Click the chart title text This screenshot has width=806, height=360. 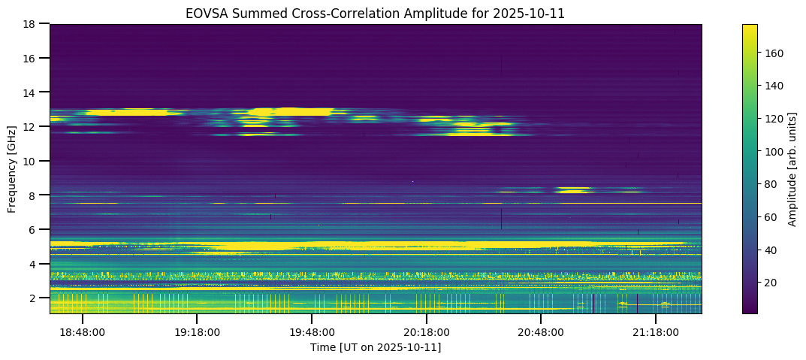click(376, 13)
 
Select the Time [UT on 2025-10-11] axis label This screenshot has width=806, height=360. click(376, 347)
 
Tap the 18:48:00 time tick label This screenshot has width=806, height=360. click(83, 331)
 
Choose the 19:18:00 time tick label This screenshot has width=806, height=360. click(197, 331)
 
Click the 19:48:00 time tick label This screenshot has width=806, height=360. click(312, 331)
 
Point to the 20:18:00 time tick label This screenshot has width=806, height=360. click(427, 331)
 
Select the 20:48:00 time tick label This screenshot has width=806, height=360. click(541, 331)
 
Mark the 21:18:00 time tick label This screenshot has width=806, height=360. click(656, 331)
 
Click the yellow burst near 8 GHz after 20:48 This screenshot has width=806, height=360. click(575, 190)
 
